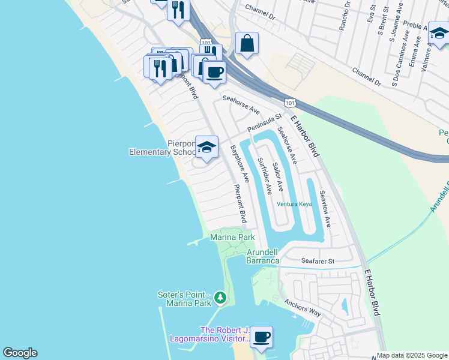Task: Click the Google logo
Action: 20,353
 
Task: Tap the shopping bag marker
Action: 247,43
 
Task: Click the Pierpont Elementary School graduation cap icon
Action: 206,147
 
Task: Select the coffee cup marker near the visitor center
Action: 261,337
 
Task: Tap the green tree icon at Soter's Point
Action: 220,297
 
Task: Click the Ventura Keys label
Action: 294,204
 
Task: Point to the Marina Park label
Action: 232,238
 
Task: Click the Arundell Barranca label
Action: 263,256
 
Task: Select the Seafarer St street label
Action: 318,262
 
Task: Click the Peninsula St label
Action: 264,125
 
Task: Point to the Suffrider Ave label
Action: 265,175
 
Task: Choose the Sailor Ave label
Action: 277,176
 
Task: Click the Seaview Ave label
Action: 325,208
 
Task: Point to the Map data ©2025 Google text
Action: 412,355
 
